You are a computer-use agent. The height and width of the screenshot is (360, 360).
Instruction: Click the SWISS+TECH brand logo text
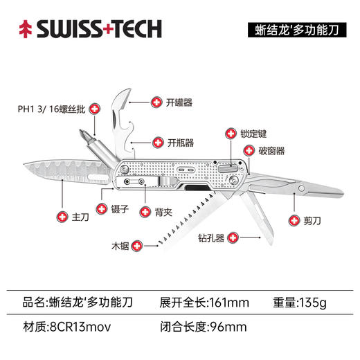click(99, 29)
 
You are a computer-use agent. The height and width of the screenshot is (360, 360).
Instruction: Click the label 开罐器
click(179, 102)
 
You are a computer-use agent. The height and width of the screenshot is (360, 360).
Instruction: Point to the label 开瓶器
click(181, 143)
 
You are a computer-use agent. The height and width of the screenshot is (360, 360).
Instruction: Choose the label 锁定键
click(255, 132)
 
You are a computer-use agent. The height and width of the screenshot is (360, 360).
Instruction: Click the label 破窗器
click(272, 150)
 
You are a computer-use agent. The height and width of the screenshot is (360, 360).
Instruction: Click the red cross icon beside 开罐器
click(154, 102)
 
